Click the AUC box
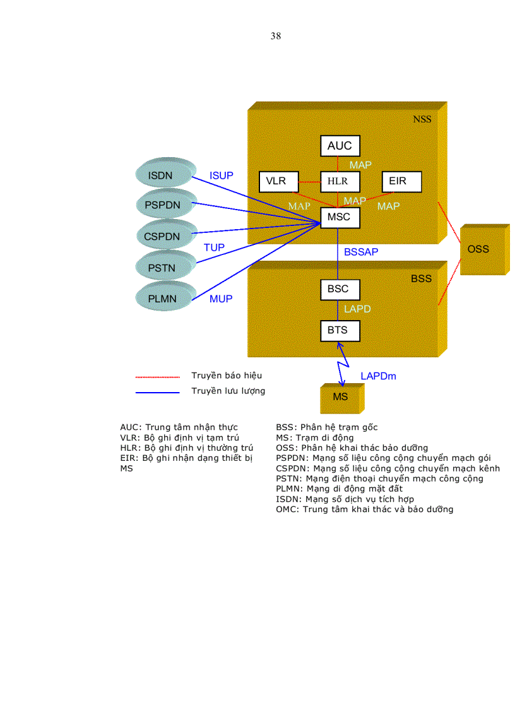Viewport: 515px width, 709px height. click(x=340, y=146)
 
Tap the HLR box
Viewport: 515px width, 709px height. click(x=340, y=182)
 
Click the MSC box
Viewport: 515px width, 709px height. click(x=340, y=218)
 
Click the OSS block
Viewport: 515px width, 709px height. click(x=478, y=249)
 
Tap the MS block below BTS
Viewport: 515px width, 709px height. click(x=340, y=397)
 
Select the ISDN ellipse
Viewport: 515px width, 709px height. click(x=161, y=175)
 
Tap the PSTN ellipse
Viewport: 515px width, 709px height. click(x=162, y=268)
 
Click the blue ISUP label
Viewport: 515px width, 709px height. click(x=221, y=176)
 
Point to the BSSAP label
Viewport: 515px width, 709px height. click(x=361, y=252)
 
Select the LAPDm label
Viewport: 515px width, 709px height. click(x=378, y=376)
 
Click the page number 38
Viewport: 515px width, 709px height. click(x=275, y=36)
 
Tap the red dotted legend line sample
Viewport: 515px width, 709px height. click(x=158, y=377)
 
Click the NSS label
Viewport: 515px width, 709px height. click(x=422, y=119)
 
